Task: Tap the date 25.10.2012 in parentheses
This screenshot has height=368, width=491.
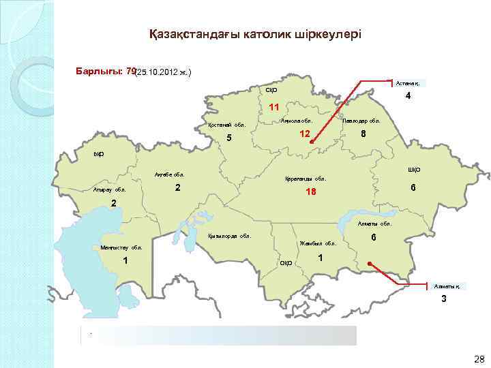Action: point(163,72)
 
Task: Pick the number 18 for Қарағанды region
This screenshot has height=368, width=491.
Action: point(311,192)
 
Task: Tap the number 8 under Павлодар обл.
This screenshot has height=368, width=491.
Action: point(363,134)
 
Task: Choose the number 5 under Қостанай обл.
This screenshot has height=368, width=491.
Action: point(229,139)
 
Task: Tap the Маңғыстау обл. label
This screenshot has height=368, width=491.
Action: point(121,247)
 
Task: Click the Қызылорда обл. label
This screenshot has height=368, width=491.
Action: point(228,236)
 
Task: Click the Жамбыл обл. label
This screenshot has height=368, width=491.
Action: point(318,243)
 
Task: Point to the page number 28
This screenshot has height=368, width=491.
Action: point(478,358)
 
